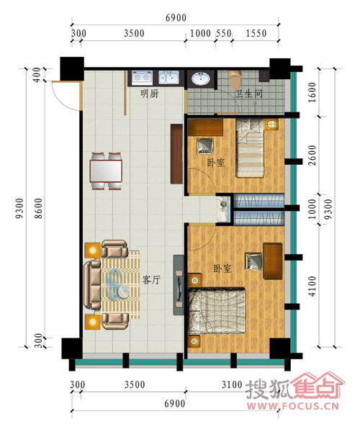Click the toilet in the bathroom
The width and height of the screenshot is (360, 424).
[x=235, y=80]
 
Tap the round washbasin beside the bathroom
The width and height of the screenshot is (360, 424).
[x=200, y=79]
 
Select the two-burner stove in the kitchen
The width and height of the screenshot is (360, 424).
[x=142, y=78]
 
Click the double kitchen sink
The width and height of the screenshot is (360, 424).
[x=168, y=78]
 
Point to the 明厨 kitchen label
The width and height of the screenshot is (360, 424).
[x=150, y=94]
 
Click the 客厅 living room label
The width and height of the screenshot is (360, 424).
[x=151, y=280]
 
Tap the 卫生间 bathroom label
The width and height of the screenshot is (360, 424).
[x=249, y=94]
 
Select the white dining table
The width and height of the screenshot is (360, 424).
[x=106, y=171]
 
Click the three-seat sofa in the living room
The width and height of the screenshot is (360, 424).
[x=92, y=284]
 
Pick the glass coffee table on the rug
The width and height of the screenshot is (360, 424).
[x=117, y=284]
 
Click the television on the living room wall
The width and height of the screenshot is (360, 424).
[x=179, y=289]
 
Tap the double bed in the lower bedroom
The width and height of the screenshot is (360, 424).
[x=217, y=311]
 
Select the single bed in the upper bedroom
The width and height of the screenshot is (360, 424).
[x=250, y=148]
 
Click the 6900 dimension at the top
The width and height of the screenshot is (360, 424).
[x=176, y=18]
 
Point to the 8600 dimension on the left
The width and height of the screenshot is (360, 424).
[x=39, y=208]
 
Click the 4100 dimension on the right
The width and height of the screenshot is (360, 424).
[x=312, y=286]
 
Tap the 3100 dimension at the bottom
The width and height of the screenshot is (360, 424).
[x=232, y=384]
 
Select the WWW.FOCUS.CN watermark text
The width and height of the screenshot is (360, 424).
[x=292, y=406]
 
